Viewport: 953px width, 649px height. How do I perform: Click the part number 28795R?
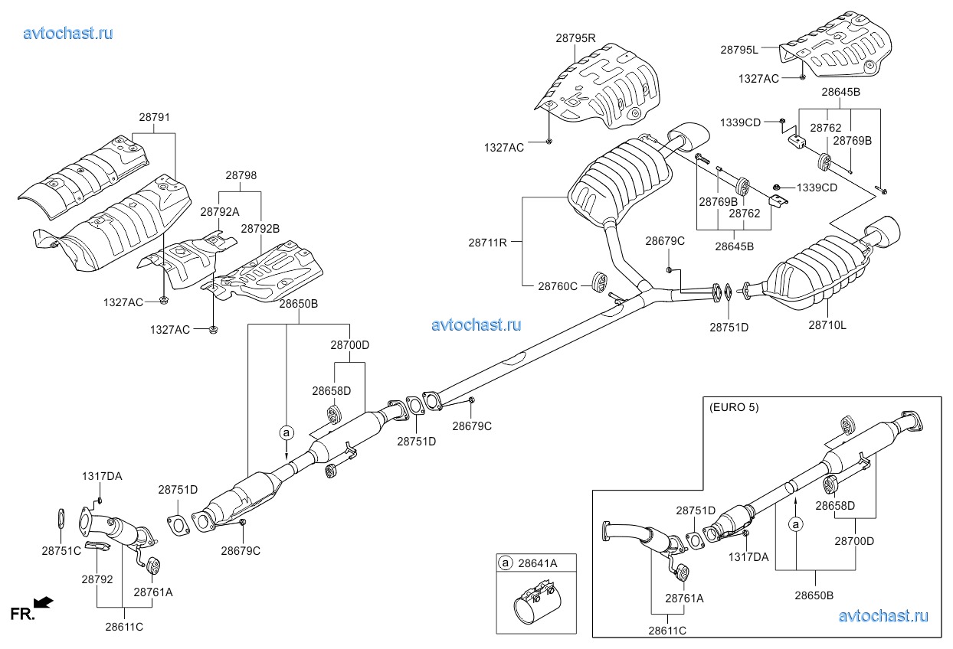tap(575, 38)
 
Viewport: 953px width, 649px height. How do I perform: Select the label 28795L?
tap(739, 50)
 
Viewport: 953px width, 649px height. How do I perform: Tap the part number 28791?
tap(155, 117)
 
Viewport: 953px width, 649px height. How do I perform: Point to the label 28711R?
tap(487, 243)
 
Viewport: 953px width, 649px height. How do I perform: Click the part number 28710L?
tap(827, 325)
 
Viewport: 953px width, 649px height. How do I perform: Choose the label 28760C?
tap(558, 286)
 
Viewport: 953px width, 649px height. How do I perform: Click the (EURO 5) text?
tap(734, 407)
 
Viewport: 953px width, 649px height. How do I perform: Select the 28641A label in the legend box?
tap(537, 563)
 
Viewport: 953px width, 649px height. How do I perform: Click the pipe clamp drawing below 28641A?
tap(536, 602)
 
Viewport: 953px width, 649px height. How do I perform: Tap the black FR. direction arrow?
tap(44, 602)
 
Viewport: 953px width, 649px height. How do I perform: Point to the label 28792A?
tap(220, 212)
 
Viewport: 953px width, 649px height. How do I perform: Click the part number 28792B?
tap(260, 229)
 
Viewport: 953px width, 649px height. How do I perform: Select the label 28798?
tap(241, 175)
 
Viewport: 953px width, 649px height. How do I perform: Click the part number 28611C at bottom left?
tap(124, 627)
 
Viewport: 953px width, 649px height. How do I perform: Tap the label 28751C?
tap(61, 551)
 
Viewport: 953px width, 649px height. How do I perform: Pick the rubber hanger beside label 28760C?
tap(599, 282)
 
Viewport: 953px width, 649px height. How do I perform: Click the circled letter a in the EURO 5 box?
tap(796, 525)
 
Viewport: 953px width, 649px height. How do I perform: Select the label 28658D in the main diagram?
tap(332, 391)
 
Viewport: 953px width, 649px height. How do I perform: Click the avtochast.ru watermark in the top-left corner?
tap(68, 33)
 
